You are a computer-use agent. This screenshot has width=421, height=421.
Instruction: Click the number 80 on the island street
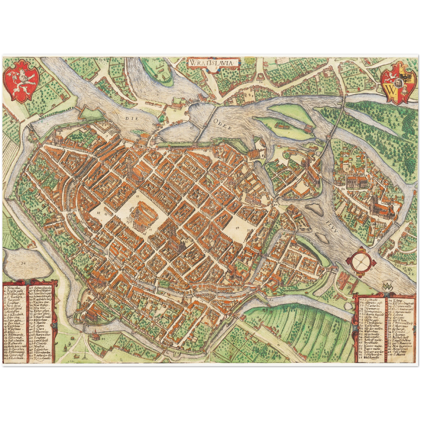coord(343,189)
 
